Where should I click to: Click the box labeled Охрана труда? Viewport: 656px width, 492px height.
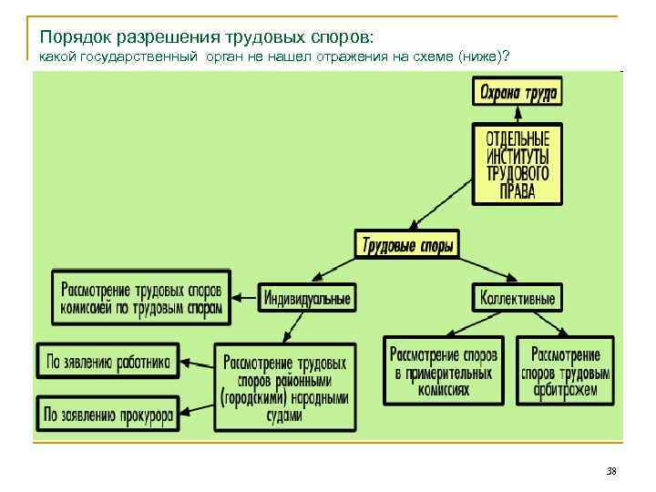point(517,91)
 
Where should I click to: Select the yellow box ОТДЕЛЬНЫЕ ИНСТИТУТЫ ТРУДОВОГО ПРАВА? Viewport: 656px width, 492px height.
point(517,164)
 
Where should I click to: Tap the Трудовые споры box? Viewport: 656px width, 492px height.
point(406,244)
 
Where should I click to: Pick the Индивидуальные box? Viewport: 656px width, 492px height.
point(307,298)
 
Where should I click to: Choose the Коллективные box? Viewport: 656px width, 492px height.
point(518,297)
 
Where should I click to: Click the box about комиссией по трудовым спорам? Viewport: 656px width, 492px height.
point(141,297)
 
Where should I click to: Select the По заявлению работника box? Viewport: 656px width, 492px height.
point(108,361)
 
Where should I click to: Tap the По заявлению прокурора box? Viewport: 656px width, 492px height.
point(108,415)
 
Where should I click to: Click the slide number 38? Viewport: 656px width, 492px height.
point(610,471)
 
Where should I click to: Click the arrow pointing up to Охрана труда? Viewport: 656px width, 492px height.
point(517,115)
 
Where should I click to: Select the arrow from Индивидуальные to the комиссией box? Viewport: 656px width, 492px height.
point(244,296)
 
